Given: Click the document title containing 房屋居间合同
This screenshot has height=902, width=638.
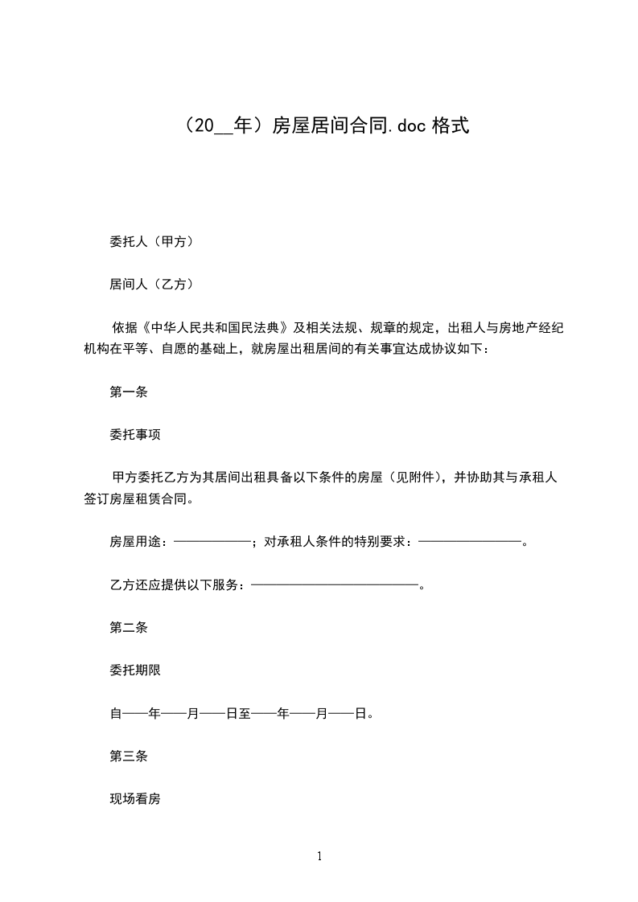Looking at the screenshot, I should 319,125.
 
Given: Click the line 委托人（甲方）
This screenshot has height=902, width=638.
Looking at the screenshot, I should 150,240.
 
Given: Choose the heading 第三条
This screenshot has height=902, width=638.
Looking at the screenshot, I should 128,756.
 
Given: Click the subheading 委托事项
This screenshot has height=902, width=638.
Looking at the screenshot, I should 135,435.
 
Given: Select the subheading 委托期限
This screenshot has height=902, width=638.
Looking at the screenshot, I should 135,670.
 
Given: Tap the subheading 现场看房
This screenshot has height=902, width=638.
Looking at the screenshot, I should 135,799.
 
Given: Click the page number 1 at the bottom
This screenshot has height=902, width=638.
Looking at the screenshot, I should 319,856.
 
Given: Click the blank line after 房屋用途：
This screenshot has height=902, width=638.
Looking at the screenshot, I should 212,542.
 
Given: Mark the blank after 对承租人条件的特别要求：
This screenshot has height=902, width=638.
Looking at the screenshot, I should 471,542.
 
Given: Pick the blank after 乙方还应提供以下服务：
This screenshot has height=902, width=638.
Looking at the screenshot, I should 335,584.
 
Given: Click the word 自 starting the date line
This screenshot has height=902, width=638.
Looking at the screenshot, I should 115,713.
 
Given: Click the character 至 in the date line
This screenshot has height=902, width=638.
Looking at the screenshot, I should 244,713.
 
